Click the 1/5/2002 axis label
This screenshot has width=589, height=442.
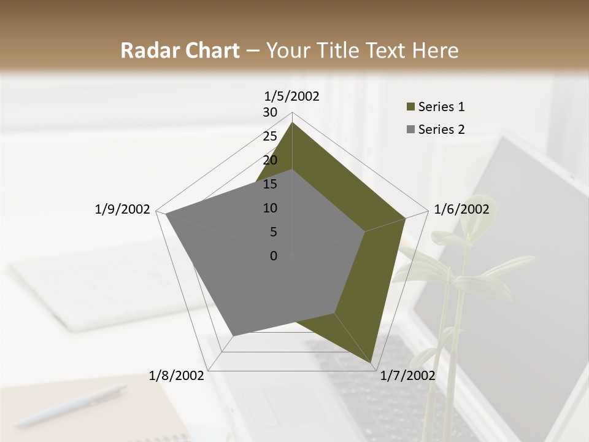point(292,96)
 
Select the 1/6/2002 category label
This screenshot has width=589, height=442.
point(461,209)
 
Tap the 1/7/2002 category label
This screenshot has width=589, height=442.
point(407,376)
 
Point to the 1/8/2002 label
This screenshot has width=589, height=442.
point(177,376)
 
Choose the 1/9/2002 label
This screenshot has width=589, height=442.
point(123,209)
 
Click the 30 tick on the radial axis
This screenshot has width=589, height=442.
point(270,112)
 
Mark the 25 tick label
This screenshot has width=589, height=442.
point(270,136)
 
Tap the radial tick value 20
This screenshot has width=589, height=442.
point(270,160)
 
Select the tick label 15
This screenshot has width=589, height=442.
point(270,184)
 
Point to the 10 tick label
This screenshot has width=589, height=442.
point(270,208)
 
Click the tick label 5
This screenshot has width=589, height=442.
point(273,232)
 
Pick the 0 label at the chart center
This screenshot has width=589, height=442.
point(274,256)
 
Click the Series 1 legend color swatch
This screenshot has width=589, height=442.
point(410,107)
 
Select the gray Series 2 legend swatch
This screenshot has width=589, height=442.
point(410,130)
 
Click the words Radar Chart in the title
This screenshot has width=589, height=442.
point(180,51)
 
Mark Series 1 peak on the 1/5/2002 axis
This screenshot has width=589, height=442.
point(292,123)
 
